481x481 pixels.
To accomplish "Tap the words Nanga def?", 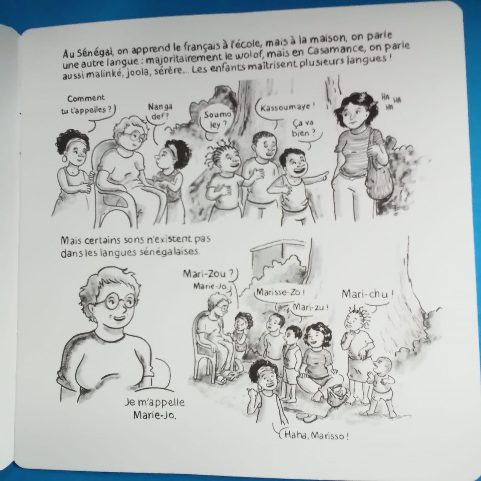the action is tap(158, 112).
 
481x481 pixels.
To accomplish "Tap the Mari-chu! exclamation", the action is tap(367, 295).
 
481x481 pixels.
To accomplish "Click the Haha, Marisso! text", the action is tap(314, 436).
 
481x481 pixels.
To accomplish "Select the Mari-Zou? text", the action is tap(208, 274).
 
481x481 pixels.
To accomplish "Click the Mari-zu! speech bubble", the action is tap(309, 308).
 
